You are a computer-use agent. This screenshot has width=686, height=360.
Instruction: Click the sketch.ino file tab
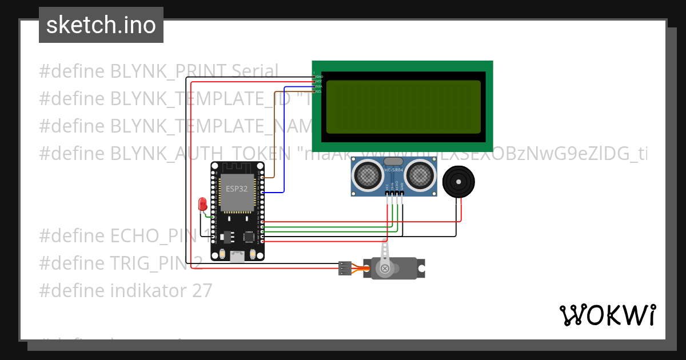coord(101,25)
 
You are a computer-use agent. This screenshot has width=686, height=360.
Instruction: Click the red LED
coord(202,204)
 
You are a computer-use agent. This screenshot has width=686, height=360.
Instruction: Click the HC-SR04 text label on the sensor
coord(394,170)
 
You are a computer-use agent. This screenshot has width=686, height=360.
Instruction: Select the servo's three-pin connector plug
coord(345,267)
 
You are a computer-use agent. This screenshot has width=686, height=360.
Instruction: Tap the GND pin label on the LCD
coord(319,77)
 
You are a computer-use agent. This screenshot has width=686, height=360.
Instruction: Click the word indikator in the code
coord(144,291)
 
